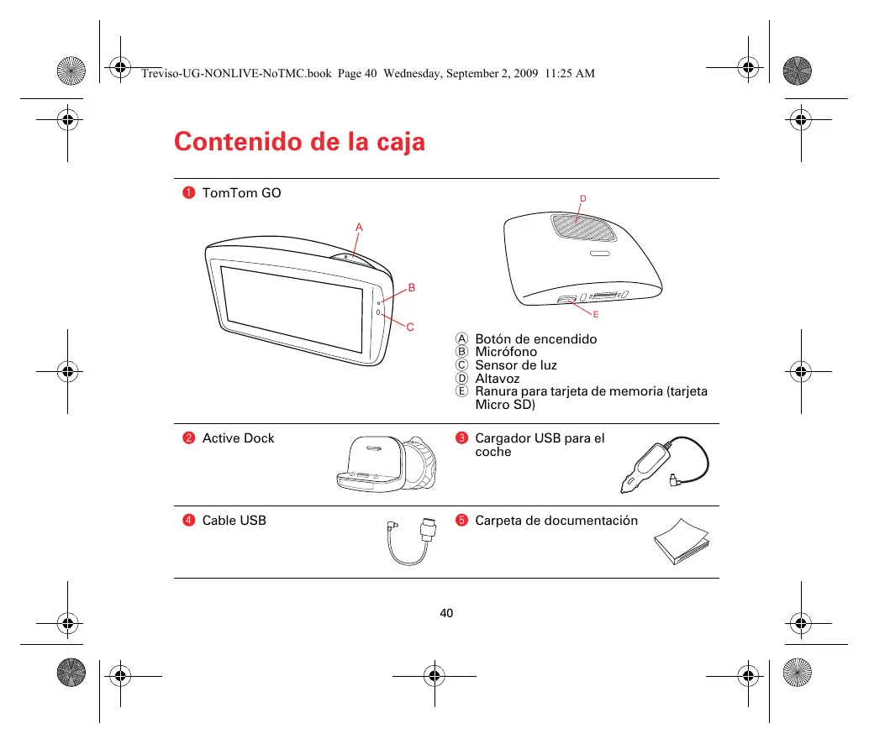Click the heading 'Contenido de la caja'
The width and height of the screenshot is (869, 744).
(299, 142)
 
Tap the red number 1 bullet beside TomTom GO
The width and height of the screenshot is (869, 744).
(189, 193)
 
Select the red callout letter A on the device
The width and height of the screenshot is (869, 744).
(359, 228)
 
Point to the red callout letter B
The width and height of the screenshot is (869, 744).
(412, 288)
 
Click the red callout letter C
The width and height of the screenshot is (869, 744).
(411, 327)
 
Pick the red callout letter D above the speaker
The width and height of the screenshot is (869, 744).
(582, 198)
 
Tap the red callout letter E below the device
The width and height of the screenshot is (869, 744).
(595, 314)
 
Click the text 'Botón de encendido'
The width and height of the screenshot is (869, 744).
(535, 339)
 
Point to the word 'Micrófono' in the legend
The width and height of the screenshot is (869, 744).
(506, 352)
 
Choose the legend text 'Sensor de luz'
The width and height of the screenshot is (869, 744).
(516, 365)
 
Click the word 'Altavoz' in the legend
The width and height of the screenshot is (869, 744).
(498, 379)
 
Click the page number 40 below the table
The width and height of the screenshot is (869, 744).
(446, 613)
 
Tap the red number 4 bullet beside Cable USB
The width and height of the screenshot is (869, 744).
(189, 521)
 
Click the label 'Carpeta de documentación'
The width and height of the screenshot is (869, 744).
(556, 521)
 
